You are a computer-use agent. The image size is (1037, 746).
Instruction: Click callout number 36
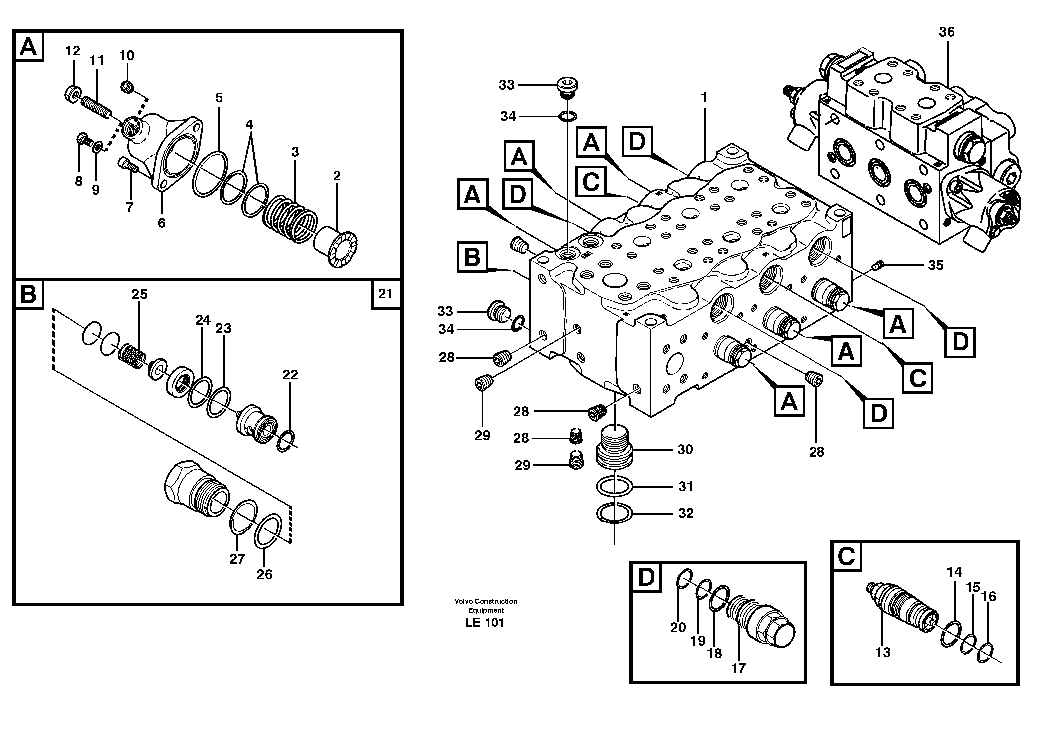tap(947, 32)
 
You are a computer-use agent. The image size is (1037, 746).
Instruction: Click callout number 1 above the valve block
tap(704, 98)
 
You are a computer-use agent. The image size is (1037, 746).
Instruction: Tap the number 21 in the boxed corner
tap(385, 294)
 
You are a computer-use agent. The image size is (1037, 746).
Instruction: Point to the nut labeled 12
tap(72, 94)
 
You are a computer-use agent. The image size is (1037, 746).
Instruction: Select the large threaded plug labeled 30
tap(615, 446)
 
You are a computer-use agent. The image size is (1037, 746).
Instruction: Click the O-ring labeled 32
tap(615, 513)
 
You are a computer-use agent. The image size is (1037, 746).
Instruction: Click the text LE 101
tap(484, 623)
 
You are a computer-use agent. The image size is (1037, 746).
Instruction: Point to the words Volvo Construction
tap(486, 601)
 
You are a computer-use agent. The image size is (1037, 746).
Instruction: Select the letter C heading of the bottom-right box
tap(846, 556)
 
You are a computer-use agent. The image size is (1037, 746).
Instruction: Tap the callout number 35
tap(936, 266)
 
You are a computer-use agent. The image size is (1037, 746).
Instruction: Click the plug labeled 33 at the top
tap(567, 86)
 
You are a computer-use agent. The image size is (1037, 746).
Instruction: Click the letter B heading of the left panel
tap(28, 294)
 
